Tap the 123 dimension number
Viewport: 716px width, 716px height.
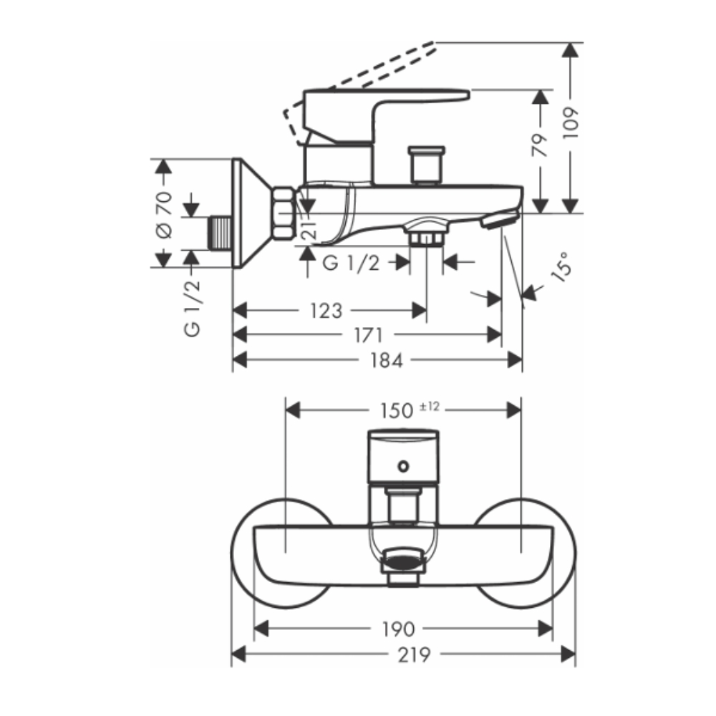click(x=326, y=311)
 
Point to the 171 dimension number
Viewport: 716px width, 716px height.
click(x=367, y=335)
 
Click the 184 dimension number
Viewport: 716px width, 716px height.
click(x=387, y=360)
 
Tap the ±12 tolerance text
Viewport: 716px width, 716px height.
click(x=429, y=406)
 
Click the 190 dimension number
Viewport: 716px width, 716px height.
click(x=398, y=629)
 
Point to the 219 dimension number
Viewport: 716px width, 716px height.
click(x=413, y=654)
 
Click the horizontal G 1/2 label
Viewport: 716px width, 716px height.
click(x=352, y=263)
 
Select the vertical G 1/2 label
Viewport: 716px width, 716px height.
click(x=192, y=308)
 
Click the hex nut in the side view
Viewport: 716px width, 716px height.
click(x=282, y=213)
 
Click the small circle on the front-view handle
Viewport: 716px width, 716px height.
click(x=403, y=467)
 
